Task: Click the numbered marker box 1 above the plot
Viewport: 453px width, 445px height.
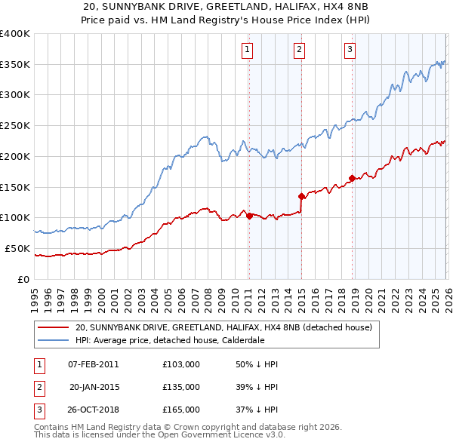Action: (x=248, y=51)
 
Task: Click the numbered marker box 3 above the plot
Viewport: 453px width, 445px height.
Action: (x=350, y=51)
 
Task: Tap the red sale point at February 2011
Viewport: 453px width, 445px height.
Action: (x=249, y=216)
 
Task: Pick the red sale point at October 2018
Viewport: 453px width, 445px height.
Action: (x=352, y=178)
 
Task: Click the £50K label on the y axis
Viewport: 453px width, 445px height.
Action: (x=17, y=248)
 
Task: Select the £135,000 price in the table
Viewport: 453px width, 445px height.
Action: (x=181, y=387)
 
